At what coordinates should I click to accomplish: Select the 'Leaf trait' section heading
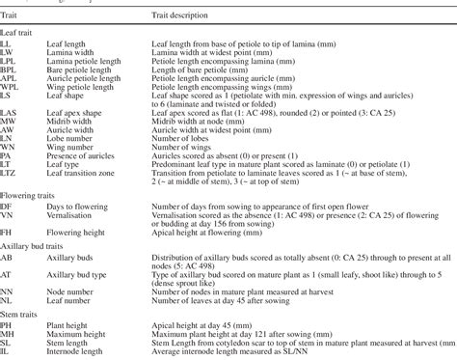pos(20,34)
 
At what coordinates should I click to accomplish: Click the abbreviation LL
pos(6,45)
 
